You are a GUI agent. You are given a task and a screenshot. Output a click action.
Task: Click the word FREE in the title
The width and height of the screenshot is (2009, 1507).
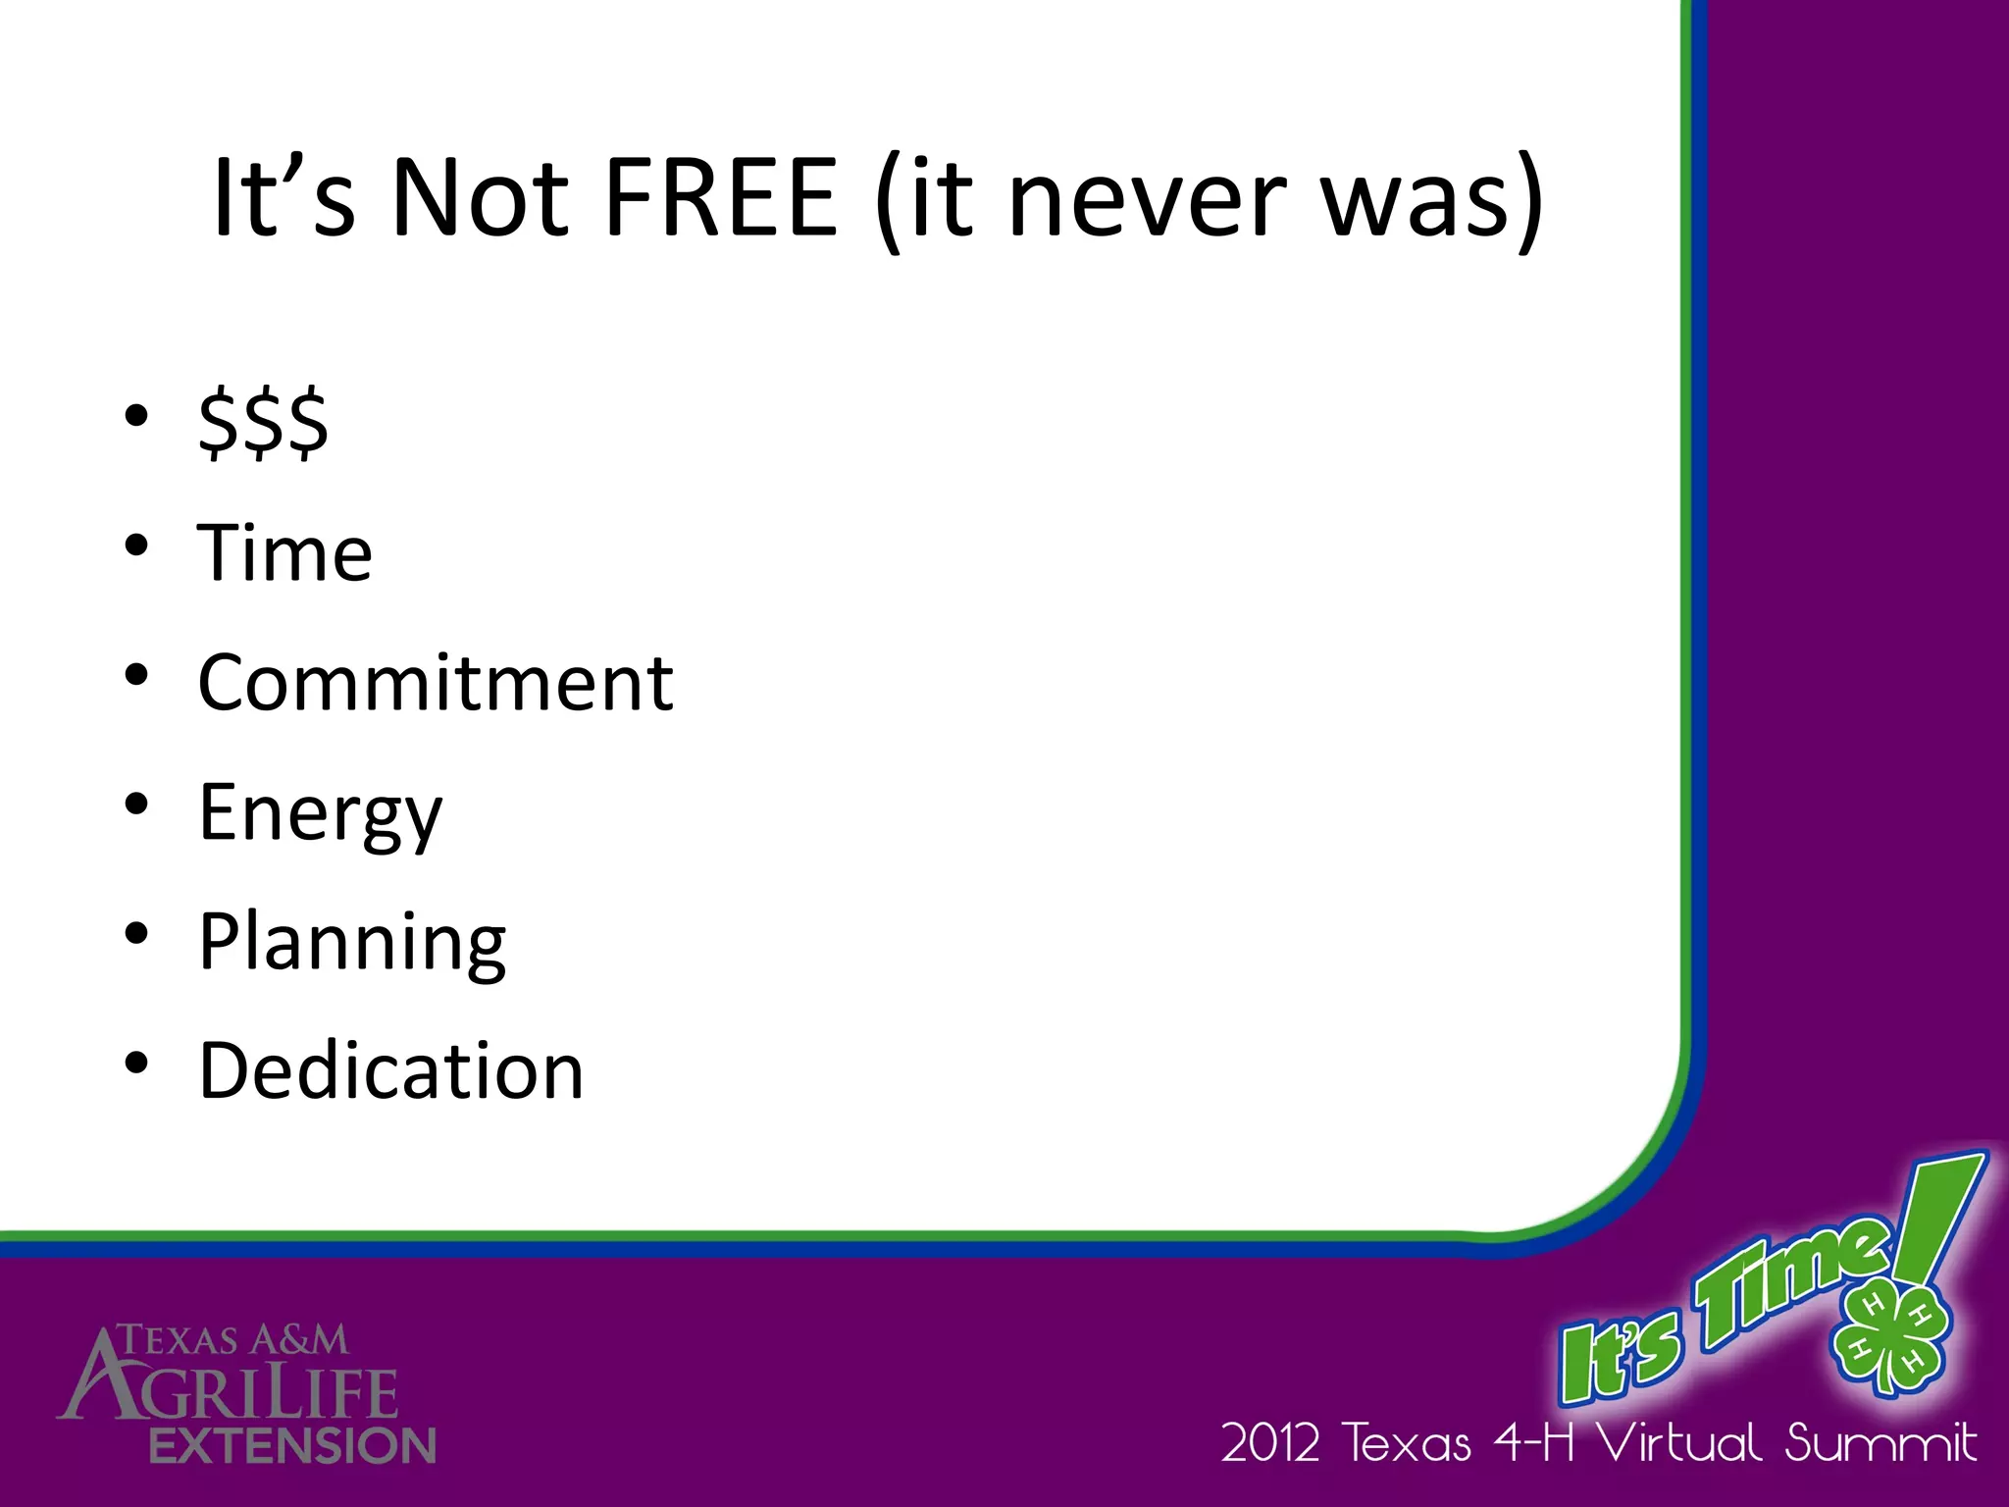click(721, 198)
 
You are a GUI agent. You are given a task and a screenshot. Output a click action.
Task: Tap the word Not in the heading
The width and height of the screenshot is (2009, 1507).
click(480, 198)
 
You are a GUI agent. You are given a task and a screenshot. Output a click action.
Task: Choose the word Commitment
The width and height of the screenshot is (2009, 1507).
click(436, 683)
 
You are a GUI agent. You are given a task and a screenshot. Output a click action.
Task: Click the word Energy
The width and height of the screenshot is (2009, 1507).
click(321, 814)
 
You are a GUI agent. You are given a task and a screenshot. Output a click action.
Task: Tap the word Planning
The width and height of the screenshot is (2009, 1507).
click(352, 943)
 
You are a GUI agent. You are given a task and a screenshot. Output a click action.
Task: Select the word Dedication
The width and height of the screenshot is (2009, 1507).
click(391, 1070)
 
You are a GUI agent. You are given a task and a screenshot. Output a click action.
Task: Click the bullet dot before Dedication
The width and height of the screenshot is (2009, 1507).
click(136, 1063)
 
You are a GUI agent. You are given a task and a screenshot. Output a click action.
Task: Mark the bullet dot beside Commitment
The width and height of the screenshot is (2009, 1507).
click(136, 675)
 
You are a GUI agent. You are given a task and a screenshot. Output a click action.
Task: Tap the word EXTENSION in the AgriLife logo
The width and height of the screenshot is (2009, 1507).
click(292, 1445)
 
